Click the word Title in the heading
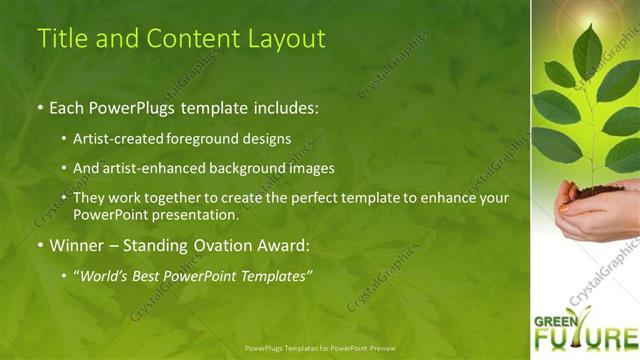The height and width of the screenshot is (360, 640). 58,39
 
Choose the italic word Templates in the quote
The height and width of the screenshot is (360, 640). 275,274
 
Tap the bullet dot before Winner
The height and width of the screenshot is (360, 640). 40,245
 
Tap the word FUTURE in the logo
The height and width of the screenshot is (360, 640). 586,338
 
